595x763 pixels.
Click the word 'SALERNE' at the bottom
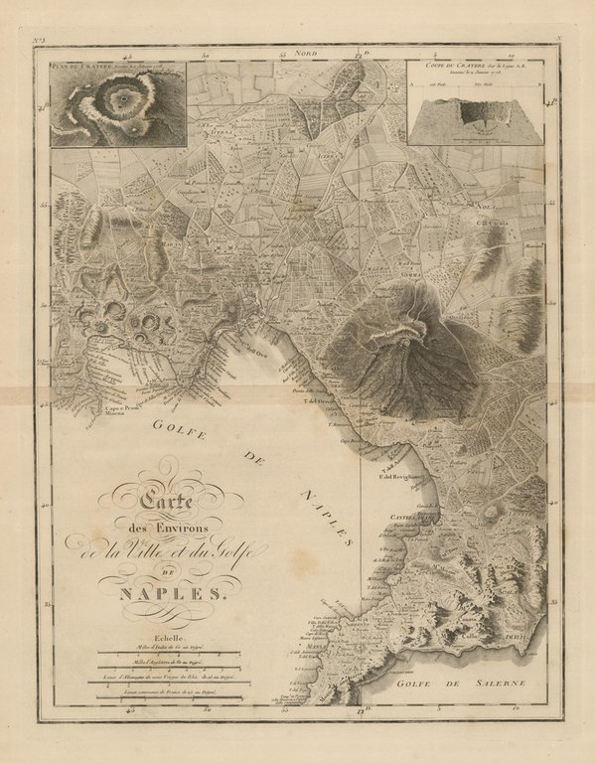[x=476, y=685]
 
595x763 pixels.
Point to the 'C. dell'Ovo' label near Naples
[x=257, y=346]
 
